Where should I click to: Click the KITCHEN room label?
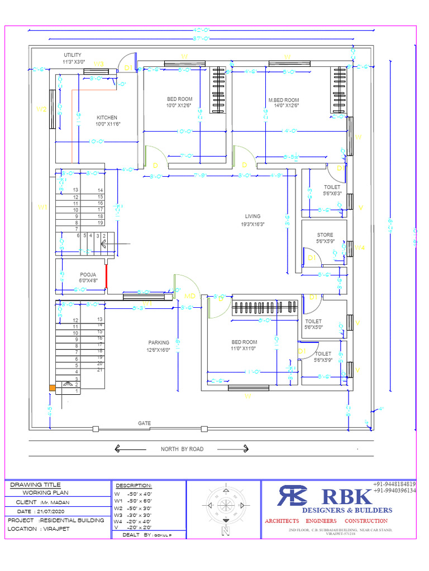pyautogui.click(x=107, y=118)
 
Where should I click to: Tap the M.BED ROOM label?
pyautogui.click(x=283, y=100)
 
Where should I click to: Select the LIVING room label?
pyautogui.click(x=252, y=216)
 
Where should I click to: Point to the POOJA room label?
pyautogui.click(x=88, y=275)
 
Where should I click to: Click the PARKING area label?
pyautogui.click(x=159, y=343)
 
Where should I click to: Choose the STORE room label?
pyautogui.click(x=325, y=235)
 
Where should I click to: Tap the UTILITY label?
pyautogui.click(x=73, y=55)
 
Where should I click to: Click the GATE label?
pyautogui.click(x=144, y=423)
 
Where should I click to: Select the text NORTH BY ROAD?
pyautogui.click(x=182, y=449)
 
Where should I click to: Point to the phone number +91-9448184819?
pyautogui.click(x=394, y=483)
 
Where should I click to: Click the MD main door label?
pyautogui.click(x=190, y=296)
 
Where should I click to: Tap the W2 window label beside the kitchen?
pyautogui.click(x=41, y=109)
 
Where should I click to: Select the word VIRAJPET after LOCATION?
pyautogui.click(x=55, y=528)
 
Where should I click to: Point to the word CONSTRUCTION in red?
pyautogui.click(x=366, y=521)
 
